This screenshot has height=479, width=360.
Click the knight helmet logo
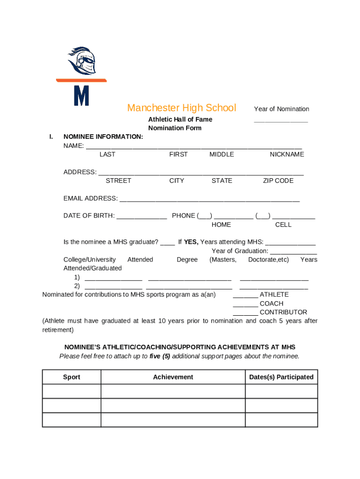pyautogui.click(x=83, y=61)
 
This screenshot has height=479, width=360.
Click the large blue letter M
pyautogui.click(x=81, y=95)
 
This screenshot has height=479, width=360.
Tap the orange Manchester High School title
pyautogui.click(x=181, y=108)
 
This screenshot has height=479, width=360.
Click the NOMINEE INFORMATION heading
pyautogui.click(x=103, y=137)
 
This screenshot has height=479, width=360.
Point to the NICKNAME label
pyautogui.click(x=287, y=154)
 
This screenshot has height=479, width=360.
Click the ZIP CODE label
pyautogui.click(x=278, y=181)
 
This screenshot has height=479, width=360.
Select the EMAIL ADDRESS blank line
pyautogui.click(x=209, y=200)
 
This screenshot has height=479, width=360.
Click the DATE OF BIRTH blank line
pyautogui.click(x=142, y=217)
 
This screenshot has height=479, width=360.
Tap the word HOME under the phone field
pyautogui.click(x=221, y=225)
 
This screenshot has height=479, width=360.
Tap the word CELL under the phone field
pyautogui.click(x=283, y=225)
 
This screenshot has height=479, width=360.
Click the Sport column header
pyautogui.click(x=72, y=377)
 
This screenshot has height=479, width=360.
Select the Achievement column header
pyautogui.click(x=173, y=377)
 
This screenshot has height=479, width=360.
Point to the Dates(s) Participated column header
pyautogui.click(x=281, y=377)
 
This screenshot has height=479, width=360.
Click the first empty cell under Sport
pyautogui.click(x=72, y=391)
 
